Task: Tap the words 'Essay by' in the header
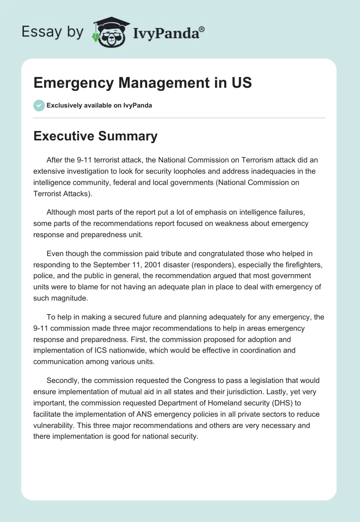point(52,32)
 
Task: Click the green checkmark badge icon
point(39,105)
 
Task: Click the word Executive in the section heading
point(62,136)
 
